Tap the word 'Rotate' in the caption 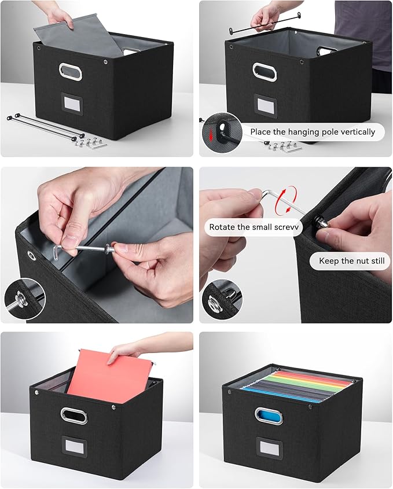click(222, 227)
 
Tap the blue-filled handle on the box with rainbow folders click(269, 416)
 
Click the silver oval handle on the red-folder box click(75, 415)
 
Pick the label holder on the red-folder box click(74, 449)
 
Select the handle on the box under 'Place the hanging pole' click(265, 71)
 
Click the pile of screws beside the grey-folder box click(90, 142)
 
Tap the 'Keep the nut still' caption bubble click(351, 261)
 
